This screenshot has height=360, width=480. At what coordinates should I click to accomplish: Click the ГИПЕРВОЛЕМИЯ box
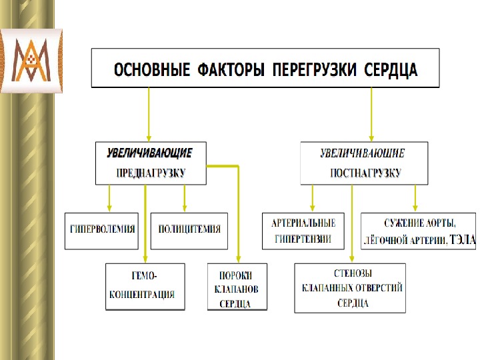click(103, 229)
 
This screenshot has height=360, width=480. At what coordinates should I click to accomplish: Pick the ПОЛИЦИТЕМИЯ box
click(189, 229)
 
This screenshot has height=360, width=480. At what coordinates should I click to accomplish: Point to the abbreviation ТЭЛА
click(463, 239)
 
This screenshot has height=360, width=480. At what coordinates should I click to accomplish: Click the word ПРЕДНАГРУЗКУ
click(151, 173)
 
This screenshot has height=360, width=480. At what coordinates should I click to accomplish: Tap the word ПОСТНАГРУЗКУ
click(366, 173)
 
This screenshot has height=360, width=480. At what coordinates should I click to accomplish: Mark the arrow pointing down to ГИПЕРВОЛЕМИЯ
click(110, 198)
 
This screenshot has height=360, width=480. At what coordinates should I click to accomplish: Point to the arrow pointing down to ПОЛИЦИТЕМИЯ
click(185, 198)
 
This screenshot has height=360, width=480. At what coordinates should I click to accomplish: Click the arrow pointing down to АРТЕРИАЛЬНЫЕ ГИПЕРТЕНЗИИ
click(313, 198)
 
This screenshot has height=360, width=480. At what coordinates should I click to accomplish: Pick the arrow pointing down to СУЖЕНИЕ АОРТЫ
click(415, 198)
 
